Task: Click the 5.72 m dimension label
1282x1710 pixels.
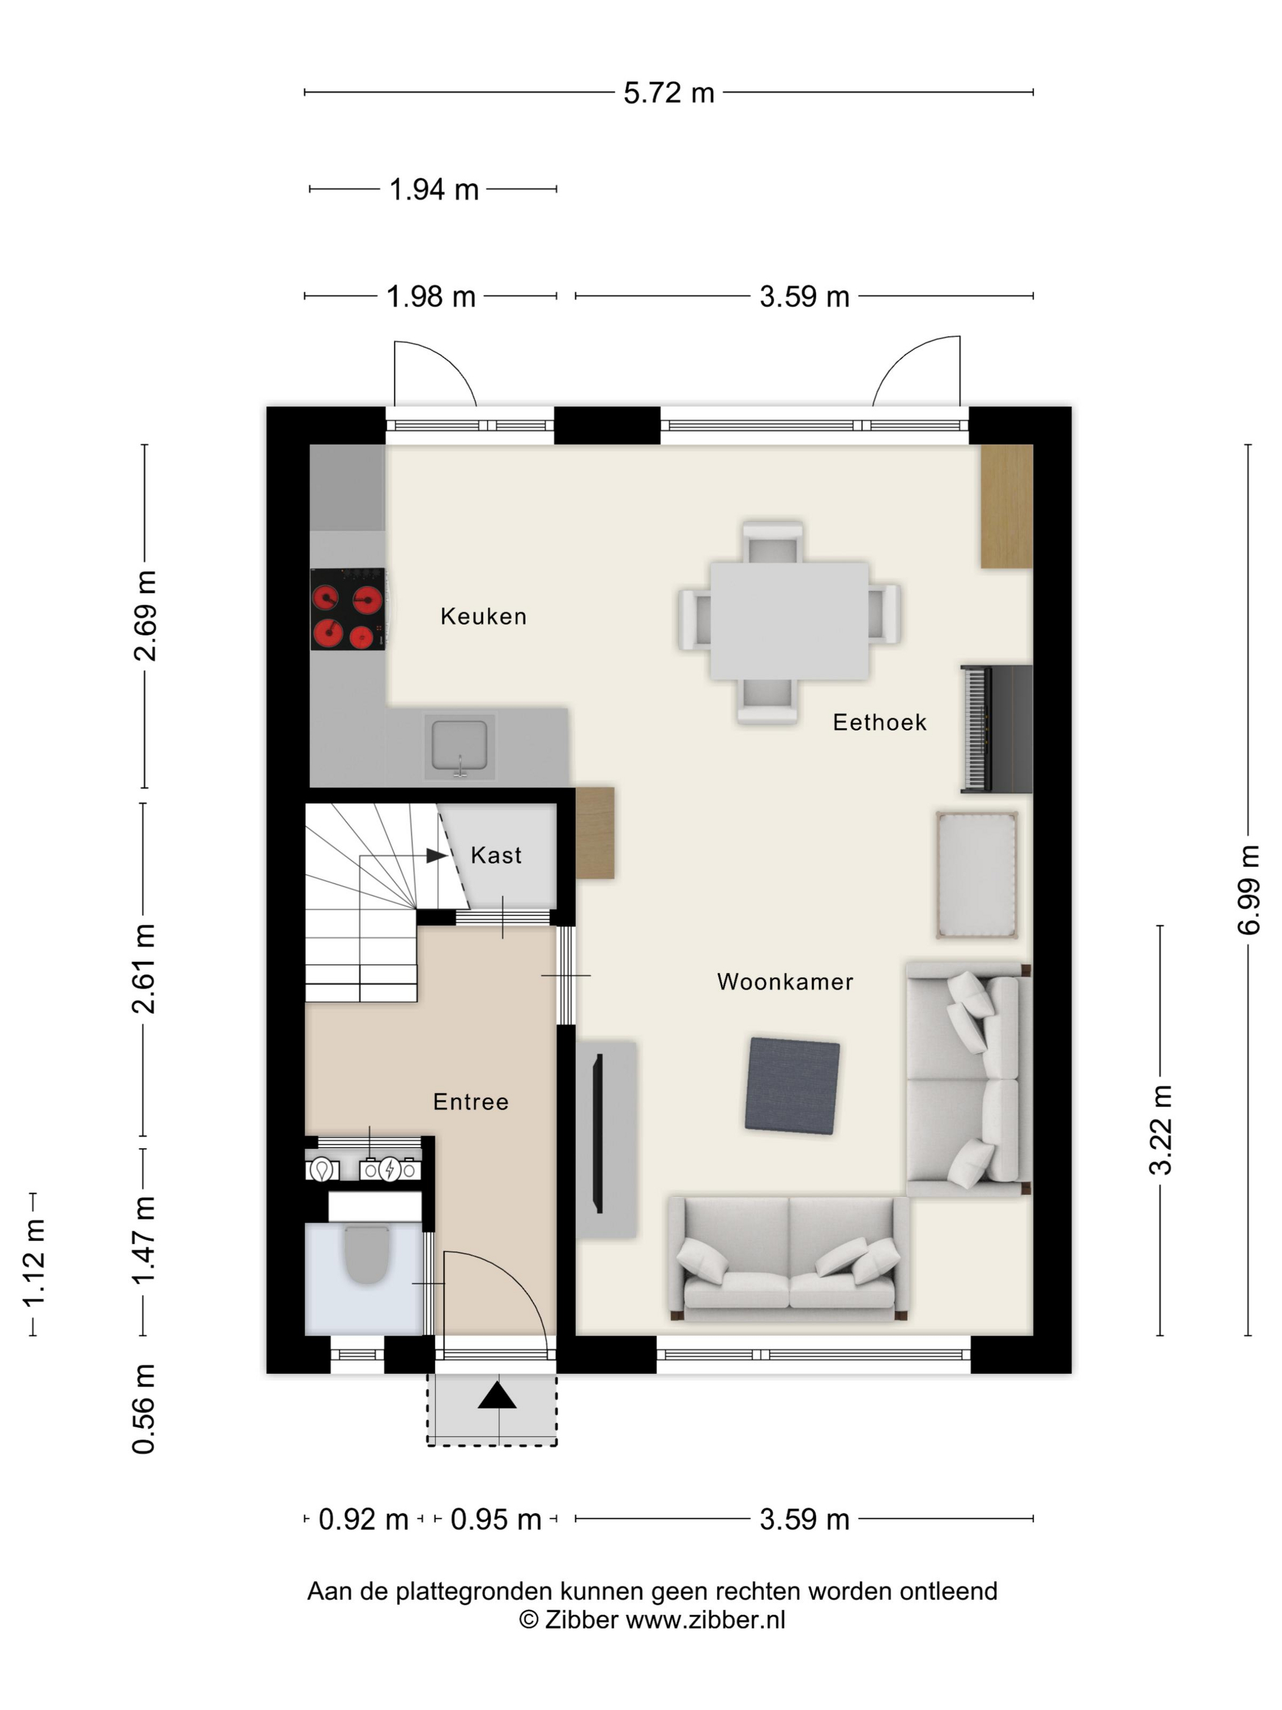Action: (668, 93)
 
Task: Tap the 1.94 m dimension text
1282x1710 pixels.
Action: (433, 189)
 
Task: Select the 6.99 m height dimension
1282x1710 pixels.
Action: (1248, 890)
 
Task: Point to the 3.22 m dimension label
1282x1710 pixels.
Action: (1160, 1129)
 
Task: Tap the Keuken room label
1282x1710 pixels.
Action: (483, 616)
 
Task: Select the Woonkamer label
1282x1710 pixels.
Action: (785, 982)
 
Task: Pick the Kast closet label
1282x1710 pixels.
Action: (496, 855)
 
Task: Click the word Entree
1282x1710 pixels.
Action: (471, 1102)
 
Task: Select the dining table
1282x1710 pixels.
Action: (789, 620)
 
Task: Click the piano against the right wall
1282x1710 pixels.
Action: (995, 728)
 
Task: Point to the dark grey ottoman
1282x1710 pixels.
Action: (792, 1086)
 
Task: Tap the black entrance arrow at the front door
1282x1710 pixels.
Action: (497, 1395)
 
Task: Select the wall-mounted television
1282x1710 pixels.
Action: (597, 1133)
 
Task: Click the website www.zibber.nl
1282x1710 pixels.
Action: (704, 1620)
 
